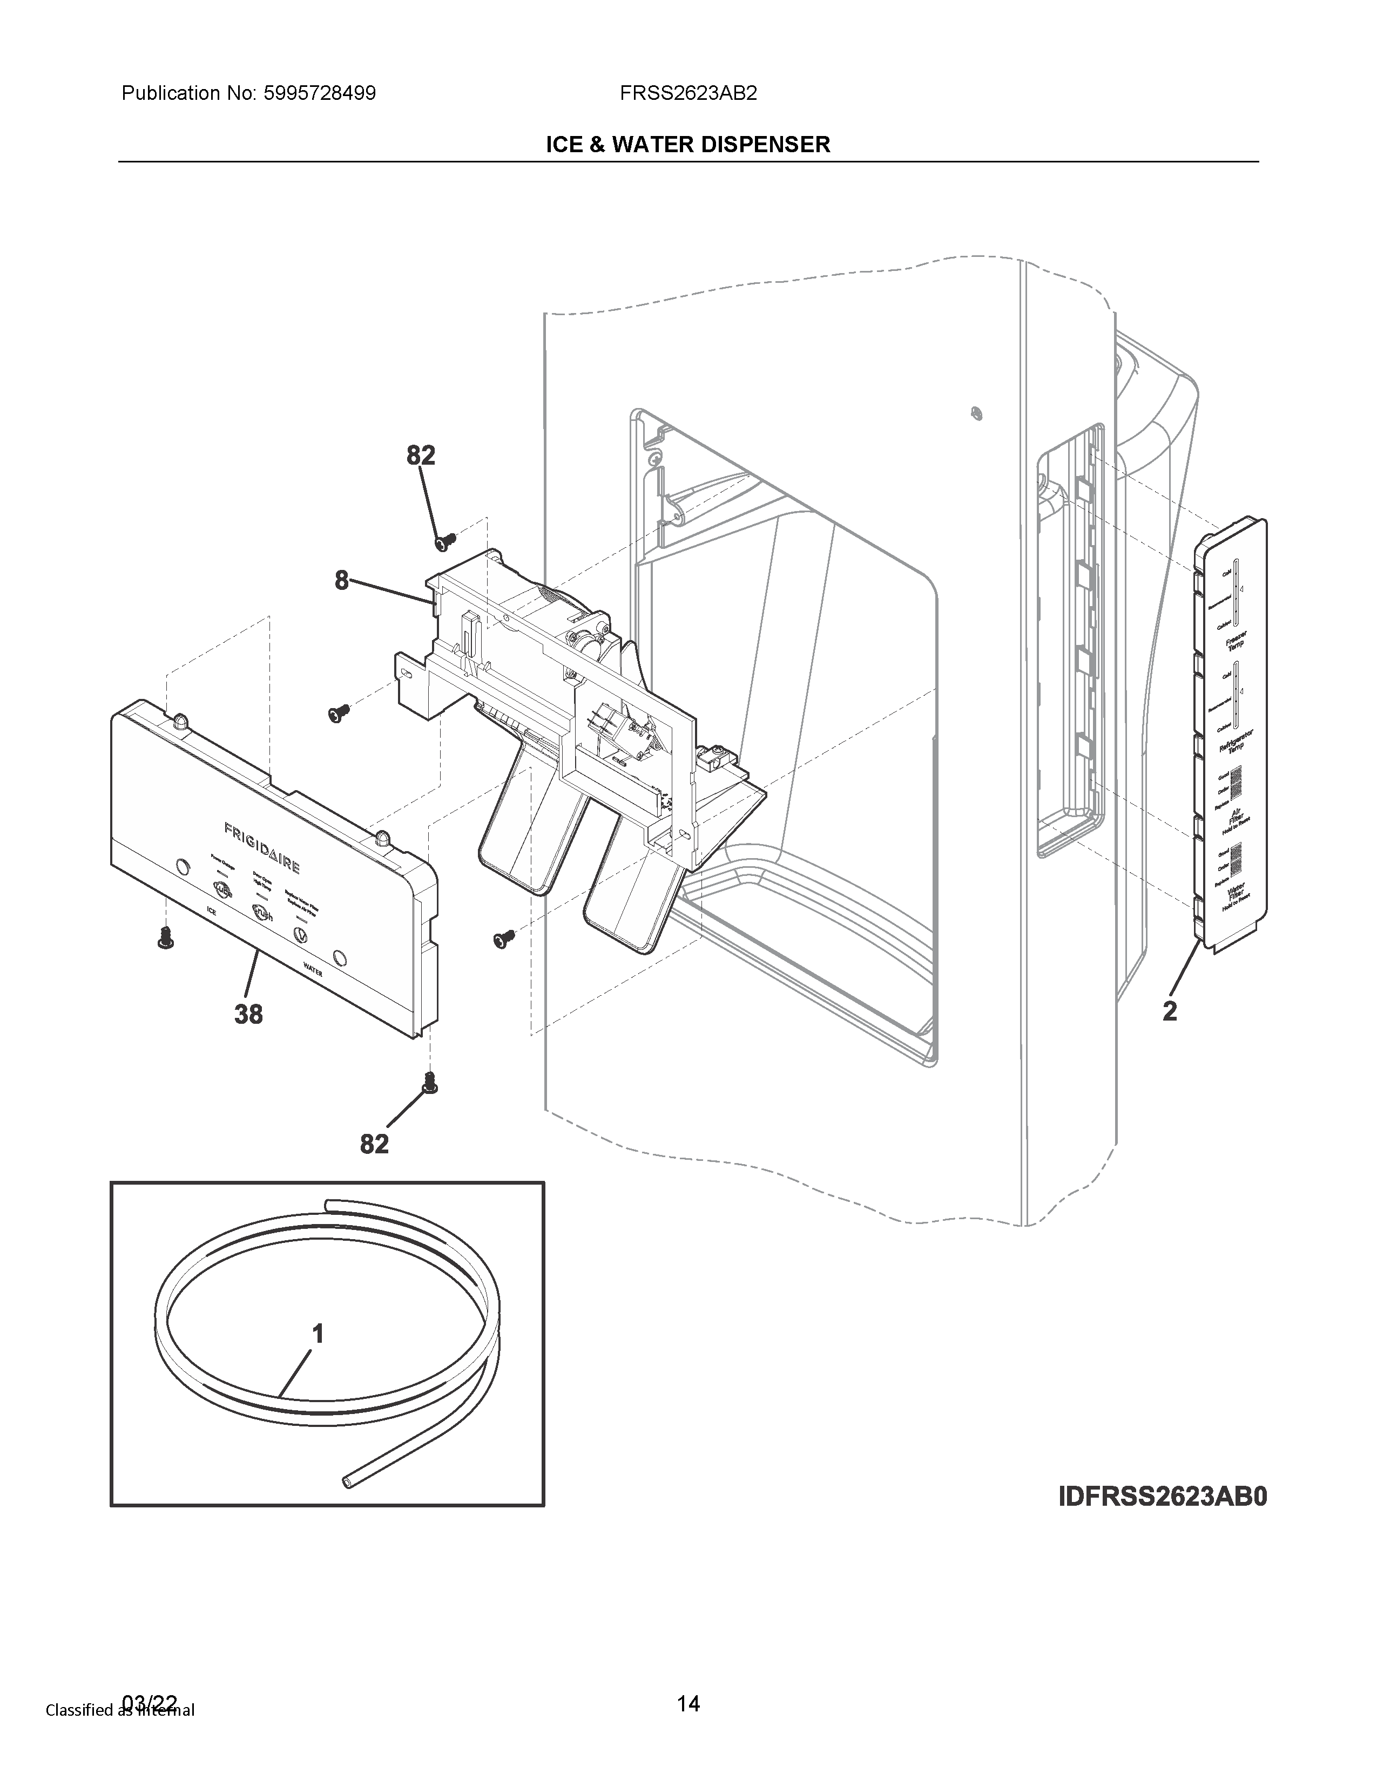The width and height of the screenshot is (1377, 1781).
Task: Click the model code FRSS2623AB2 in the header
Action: click(x=687, y=94)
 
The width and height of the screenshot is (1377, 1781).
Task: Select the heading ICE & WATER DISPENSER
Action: click(x=687, y=145)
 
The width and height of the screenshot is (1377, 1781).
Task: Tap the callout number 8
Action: click(x=341, y=581)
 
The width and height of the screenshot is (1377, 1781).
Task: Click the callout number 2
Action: click(x=1170, y=1011)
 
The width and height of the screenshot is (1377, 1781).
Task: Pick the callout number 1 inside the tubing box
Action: click(x=318, y=1334)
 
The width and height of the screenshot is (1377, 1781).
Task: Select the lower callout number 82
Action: click(x=374, y=1144)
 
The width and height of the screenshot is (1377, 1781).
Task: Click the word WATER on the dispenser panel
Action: click(x=313, y=971)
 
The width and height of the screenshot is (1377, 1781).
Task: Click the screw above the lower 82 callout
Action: click(x=430, y=1082)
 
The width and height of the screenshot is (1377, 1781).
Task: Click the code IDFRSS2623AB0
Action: click(x=1163, y=1497)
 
